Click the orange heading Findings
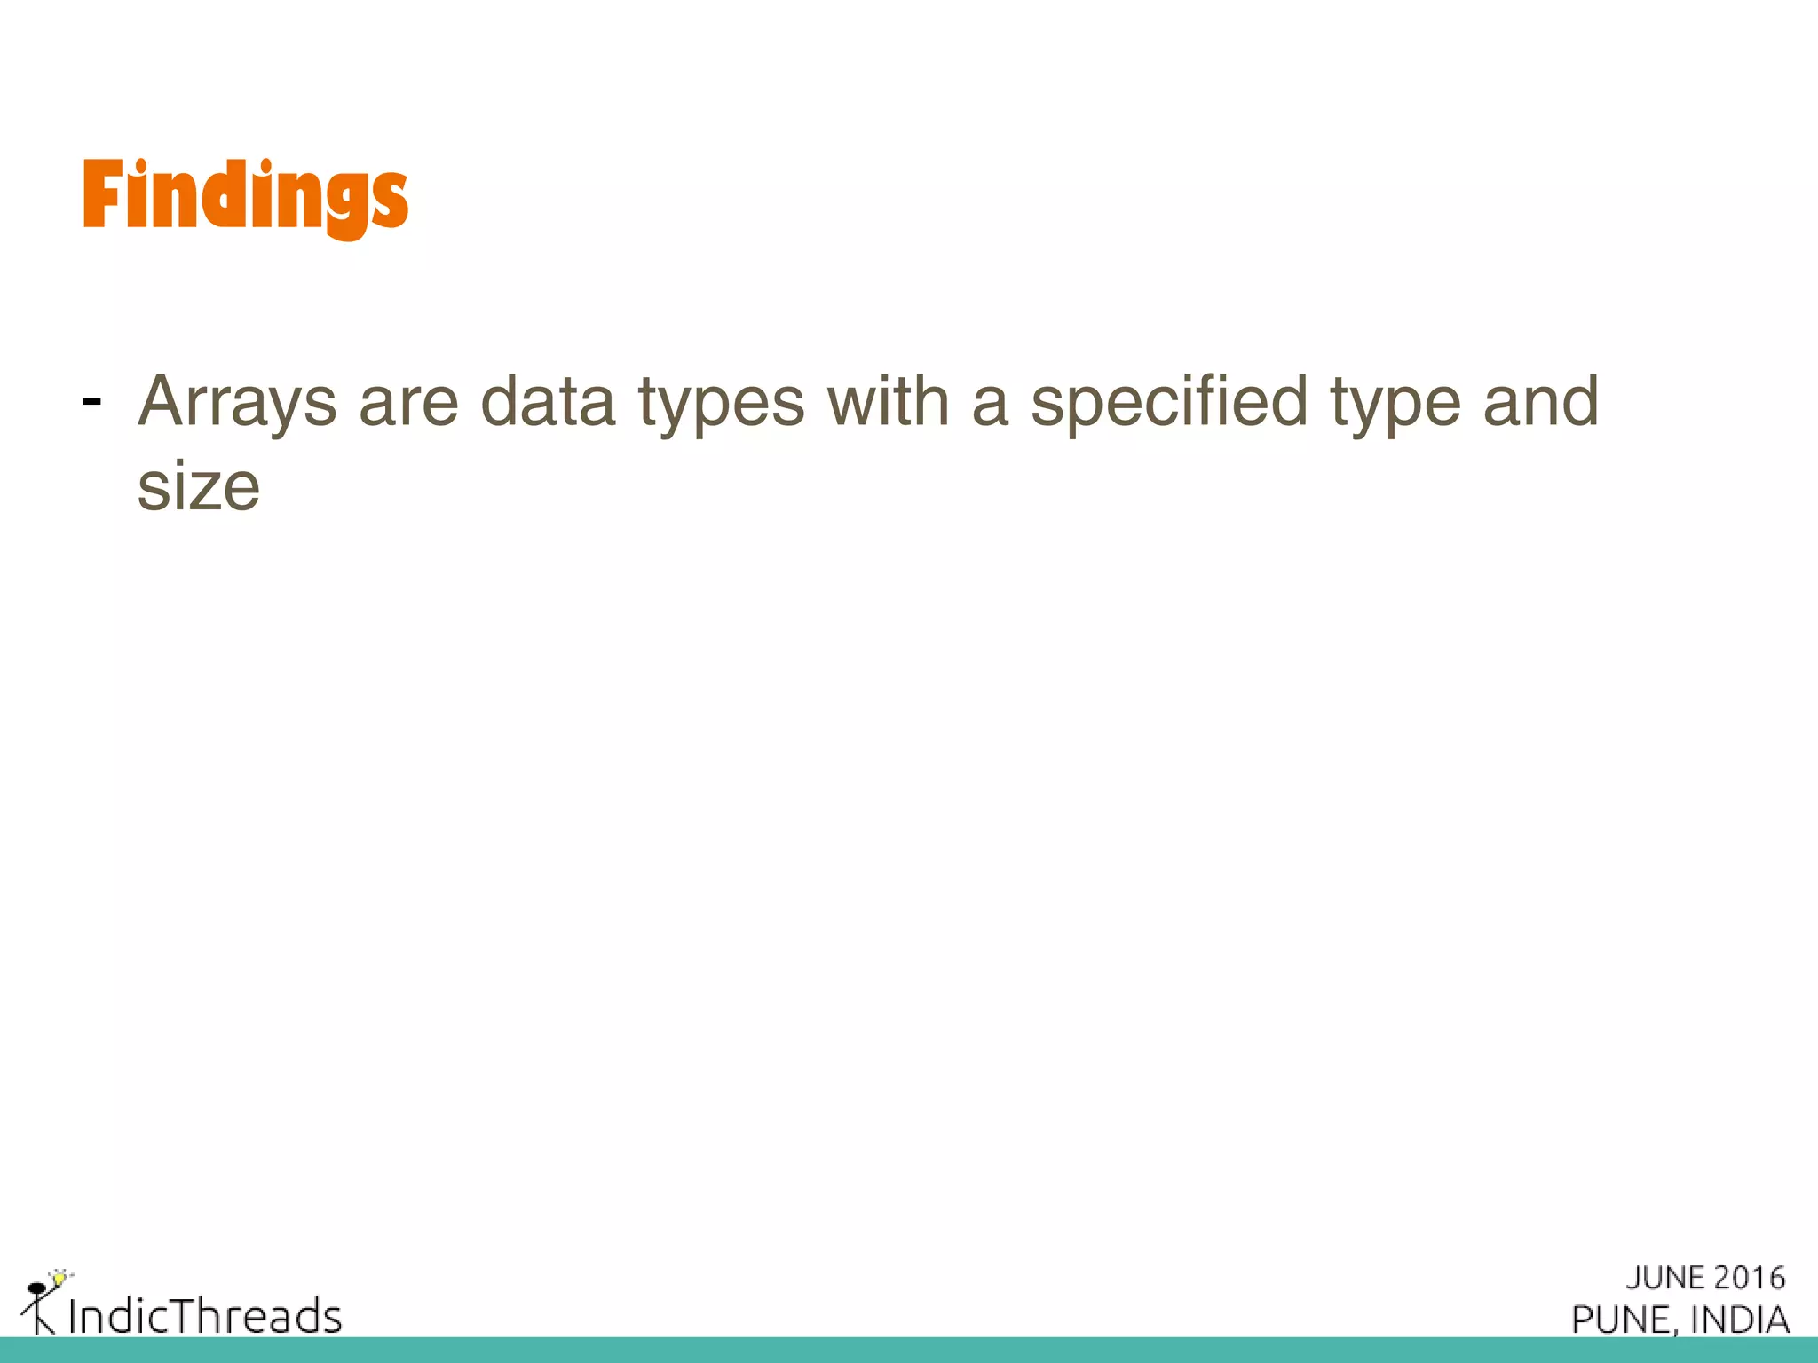[245, 197]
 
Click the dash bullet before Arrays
[91, 402]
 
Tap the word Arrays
[237, 402]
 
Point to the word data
[548, 402]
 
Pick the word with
[889, 402]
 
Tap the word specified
[1169, 402]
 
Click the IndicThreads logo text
[205, 1316]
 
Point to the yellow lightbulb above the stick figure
[59, 1279]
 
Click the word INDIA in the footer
[1740, 1320]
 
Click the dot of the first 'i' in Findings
[142, 165]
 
